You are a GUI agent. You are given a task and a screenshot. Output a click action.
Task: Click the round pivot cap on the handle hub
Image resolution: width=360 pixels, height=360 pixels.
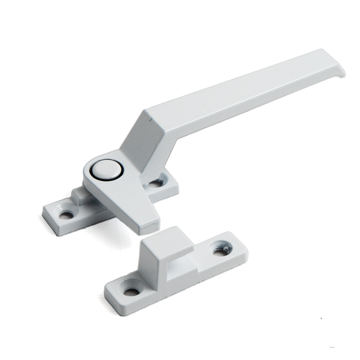point(107,169)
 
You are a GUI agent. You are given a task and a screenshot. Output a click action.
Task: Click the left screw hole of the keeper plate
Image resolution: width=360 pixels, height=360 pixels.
point(131,291)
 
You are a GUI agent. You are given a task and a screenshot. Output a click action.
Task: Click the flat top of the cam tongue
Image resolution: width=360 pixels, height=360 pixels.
point(127,204)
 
